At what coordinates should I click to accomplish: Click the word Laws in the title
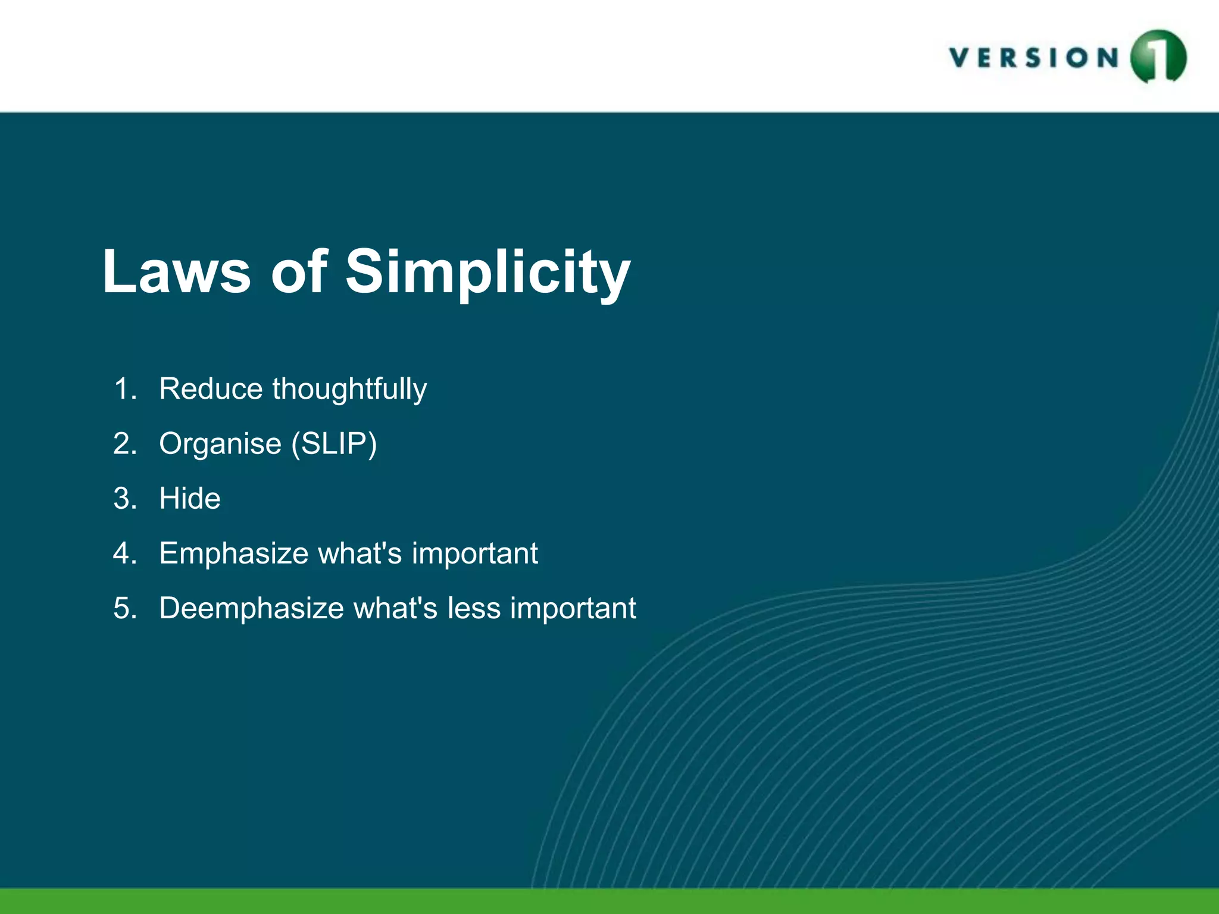[176, 271]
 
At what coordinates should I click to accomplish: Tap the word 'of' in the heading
[299, 271]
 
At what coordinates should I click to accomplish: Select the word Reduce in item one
[211, 389]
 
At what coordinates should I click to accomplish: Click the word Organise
[220, 445]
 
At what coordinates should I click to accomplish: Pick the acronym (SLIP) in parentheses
[334, 444]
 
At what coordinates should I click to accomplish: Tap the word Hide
[189, 499]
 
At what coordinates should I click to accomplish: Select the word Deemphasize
[251, 609]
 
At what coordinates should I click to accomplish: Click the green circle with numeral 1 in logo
[1158, 57]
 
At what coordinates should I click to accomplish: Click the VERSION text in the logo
[1034, 58]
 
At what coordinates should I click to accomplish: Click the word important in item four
[474, 554]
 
